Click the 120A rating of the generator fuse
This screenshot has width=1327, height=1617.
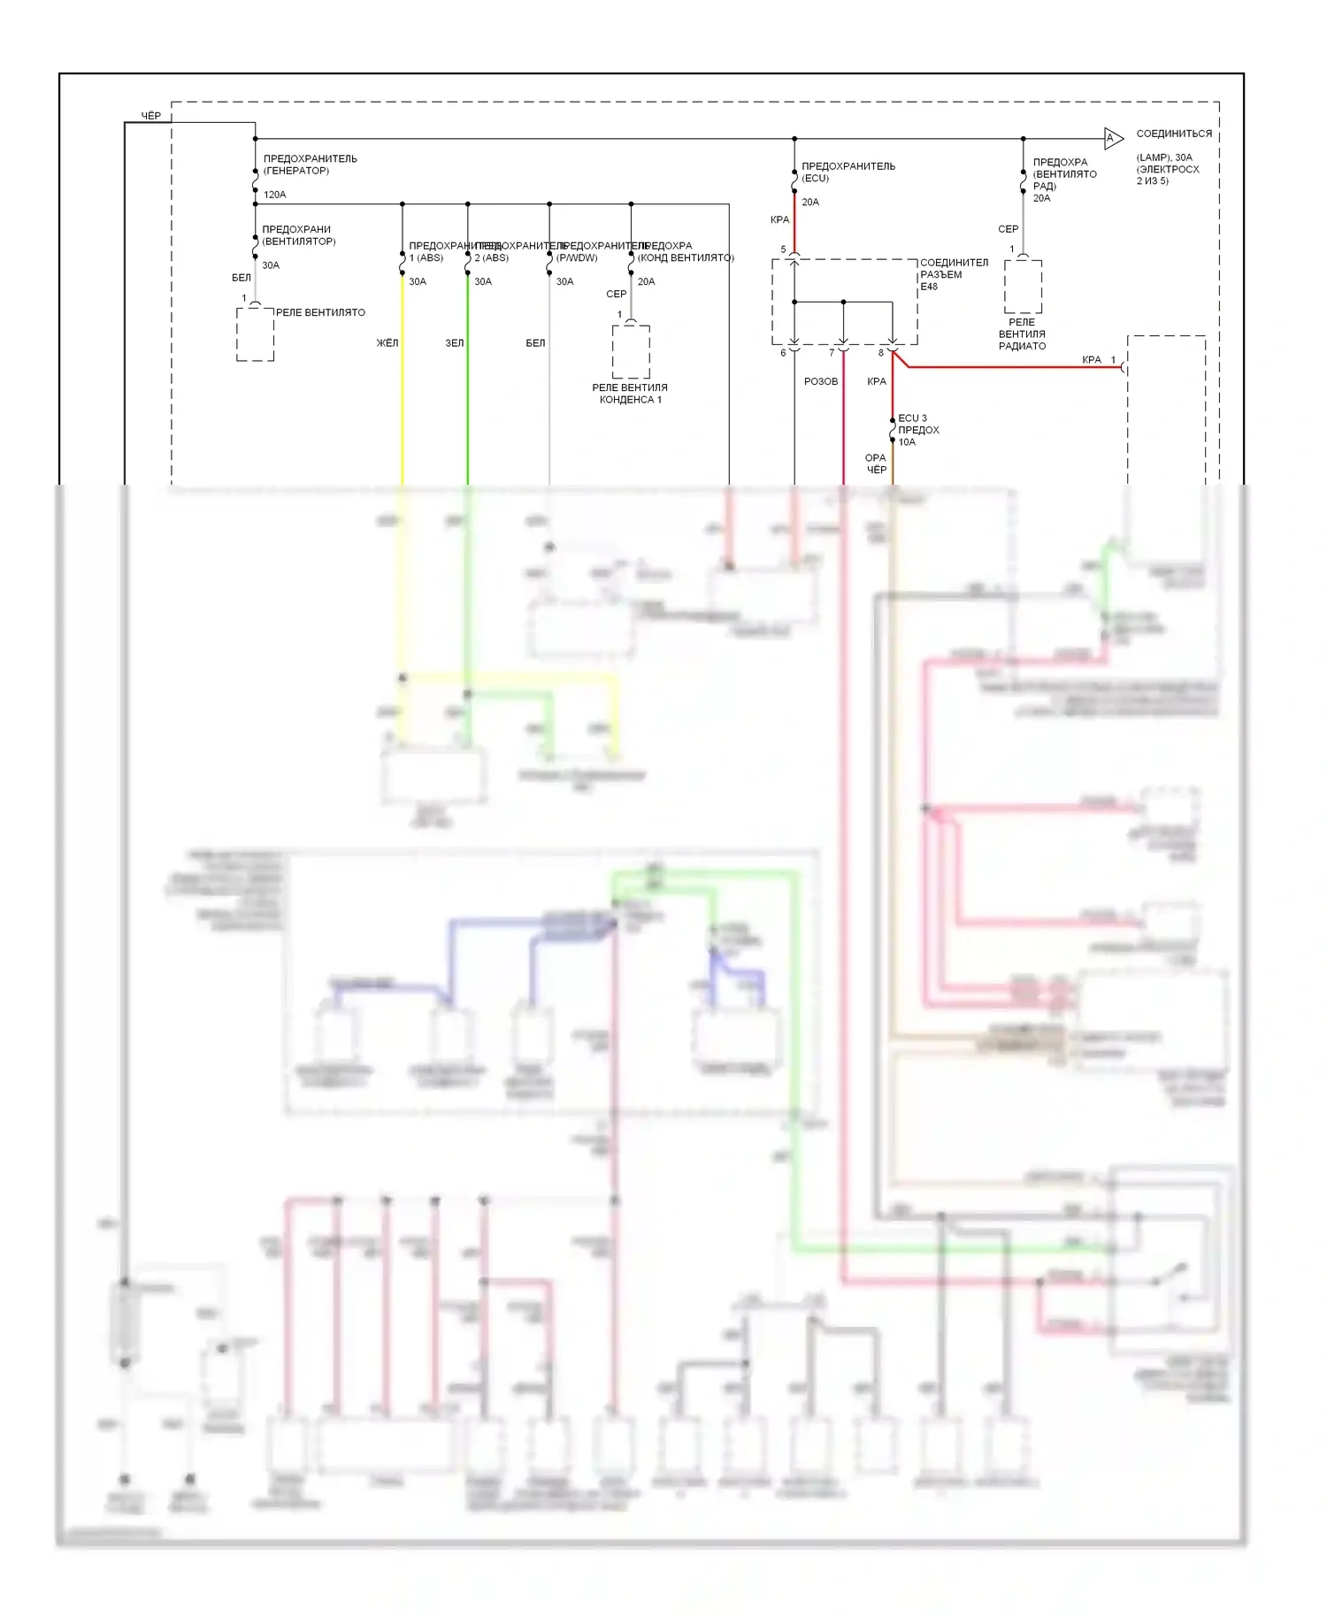274,195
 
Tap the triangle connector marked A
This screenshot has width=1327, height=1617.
1112,138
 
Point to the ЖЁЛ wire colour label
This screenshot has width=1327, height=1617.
387,343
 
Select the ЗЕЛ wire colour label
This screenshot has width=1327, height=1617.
454,343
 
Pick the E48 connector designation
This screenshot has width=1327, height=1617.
929,287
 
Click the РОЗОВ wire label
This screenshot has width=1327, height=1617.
820,382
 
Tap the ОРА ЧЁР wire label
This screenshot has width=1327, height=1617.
876,464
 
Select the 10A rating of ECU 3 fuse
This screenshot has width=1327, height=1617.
907,442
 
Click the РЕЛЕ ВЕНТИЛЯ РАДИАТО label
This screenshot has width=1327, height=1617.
1022,334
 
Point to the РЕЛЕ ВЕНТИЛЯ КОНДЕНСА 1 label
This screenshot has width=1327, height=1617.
630,394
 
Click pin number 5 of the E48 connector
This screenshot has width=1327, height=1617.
783,249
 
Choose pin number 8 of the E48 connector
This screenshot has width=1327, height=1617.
880,353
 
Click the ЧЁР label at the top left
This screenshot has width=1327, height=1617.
151,116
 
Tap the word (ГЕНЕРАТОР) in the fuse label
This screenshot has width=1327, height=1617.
295,171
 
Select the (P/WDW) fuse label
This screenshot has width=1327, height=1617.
577,258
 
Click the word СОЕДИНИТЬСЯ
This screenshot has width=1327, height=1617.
1174,134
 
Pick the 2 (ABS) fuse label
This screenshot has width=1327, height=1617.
491,258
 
